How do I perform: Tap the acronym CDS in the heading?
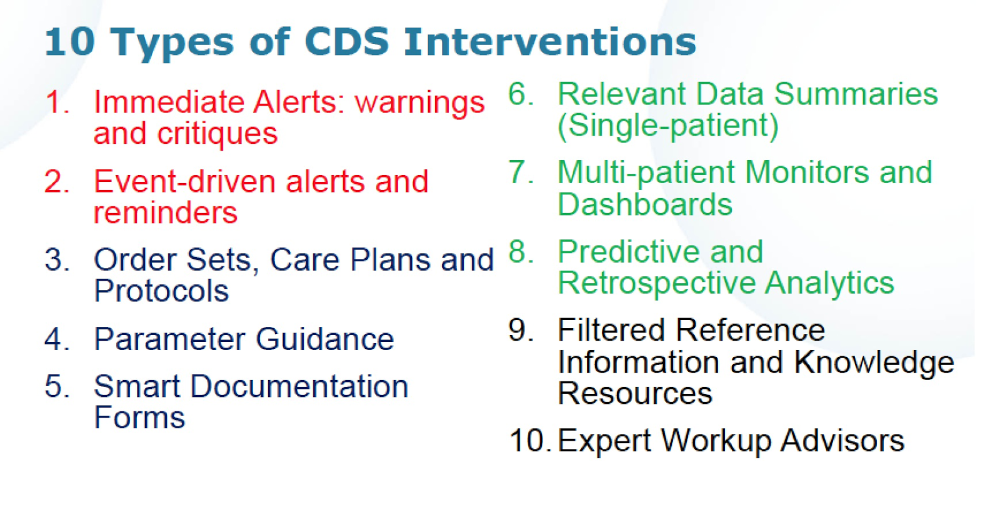pyautogui.click(x=347, y=41)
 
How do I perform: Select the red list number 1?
pyautogui.click(x=57, y=103)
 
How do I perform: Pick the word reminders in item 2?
pyautogui.click(x=165, y=213)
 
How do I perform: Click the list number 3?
pyautogui.click(x=57, y=260)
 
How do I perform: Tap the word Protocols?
pyautogui.click(x=161, y=291)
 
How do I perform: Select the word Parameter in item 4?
pyautogui.click(x=169, y=339)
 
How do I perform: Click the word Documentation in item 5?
pyautogui.click(x=299, y=386)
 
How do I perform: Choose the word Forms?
pyautogui.click(x=139, y=418)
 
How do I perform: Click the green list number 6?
pyautogui.click(x=521, y=94)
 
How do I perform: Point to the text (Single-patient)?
pyautogui.click(x=668, y=126)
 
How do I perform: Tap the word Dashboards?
pyautogui.click(x=645, y=204)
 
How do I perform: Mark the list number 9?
pyautogui.click(x=521, y=330)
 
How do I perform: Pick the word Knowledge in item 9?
pyautogui.click(x=874, y=362)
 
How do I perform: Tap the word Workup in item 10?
pyautogui.click(x=716, y=442)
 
